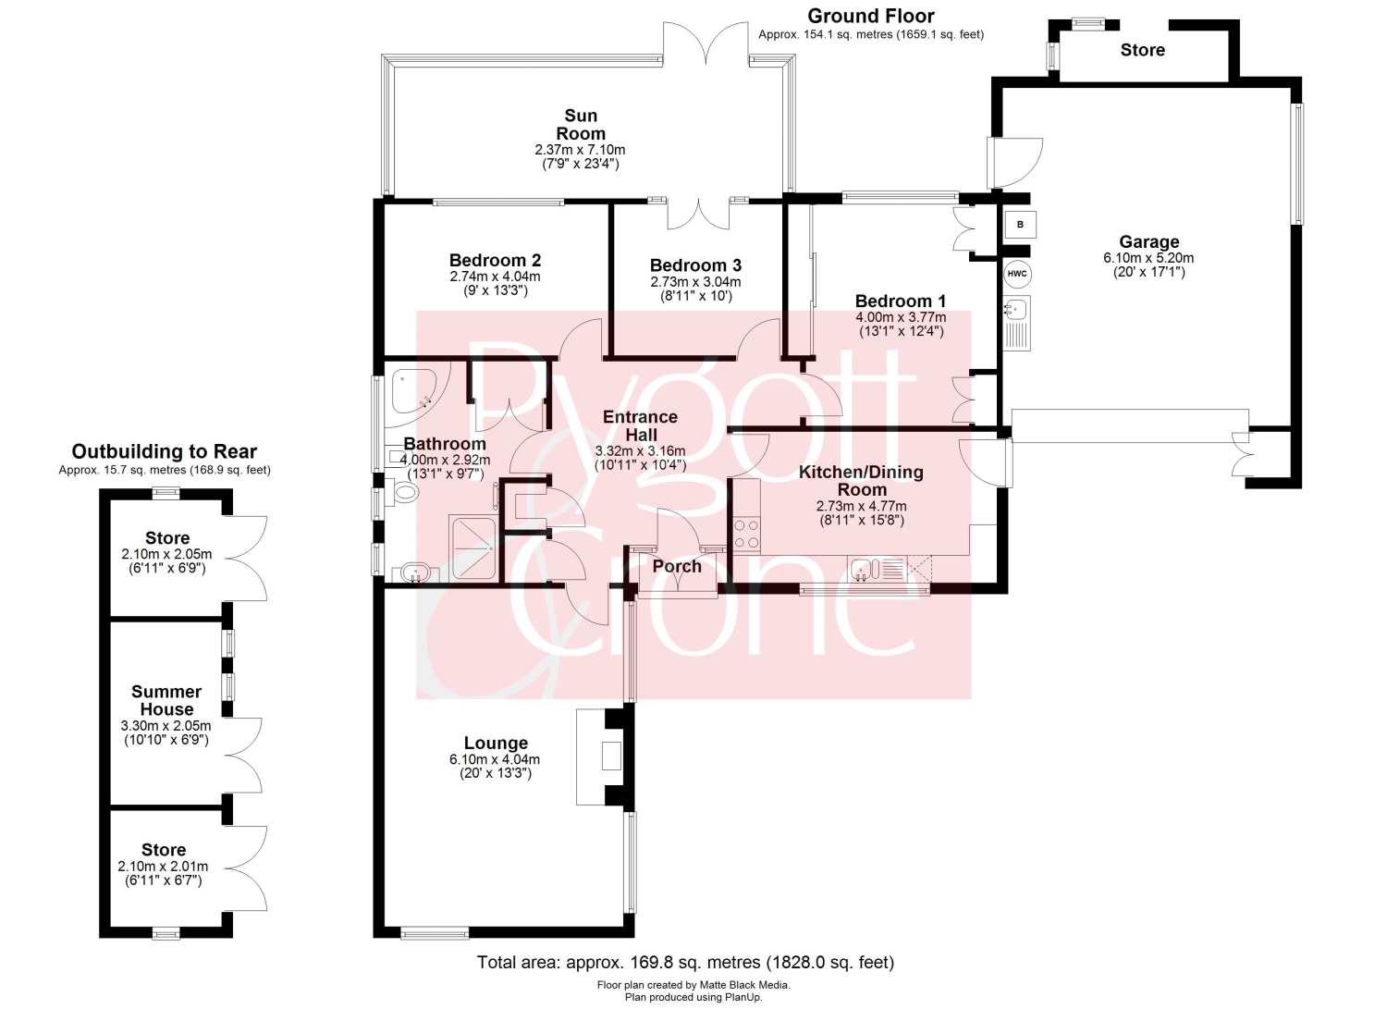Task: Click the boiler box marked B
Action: tap(1021, 224)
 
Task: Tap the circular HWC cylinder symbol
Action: tap(1017, 274)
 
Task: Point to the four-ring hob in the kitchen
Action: tap(747, 534)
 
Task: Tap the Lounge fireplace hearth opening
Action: tap(611, 756)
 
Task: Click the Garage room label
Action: tap(1149, 241)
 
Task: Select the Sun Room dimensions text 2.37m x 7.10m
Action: tap(580, 150)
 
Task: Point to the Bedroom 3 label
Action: tap(695, 265)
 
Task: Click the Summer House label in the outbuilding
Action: tap(166, 700)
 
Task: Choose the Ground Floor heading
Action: tap(871, 16)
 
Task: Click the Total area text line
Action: tap(685, 962)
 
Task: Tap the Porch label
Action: tap(677, 566)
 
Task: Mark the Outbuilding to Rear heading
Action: tap(164, 451)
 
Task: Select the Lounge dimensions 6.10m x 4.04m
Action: tap(495, 759)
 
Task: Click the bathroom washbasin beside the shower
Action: tap(413, 574)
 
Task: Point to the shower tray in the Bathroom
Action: tap(473, 548)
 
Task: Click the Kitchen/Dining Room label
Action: tap(861, 481)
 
